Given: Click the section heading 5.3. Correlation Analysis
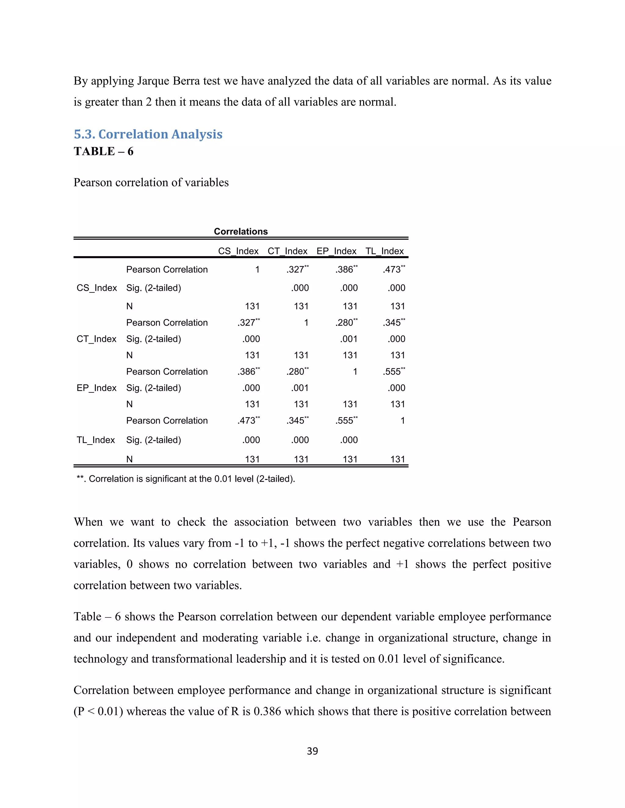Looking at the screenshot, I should click(x=148, y=134).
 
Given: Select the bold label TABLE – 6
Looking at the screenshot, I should click(x=103, y=151).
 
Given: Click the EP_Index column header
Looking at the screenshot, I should click(x=336, y=251).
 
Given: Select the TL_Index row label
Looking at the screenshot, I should click(x=96, y=440).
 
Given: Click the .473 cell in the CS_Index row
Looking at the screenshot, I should click(x=393, y=269).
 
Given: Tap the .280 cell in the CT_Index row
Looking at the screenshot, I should click(x=346, y=323).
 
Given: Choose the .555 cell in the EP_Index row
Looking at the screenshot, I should click(x=393, y=371).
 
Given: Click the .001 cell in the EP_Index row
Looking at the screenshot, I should click(x=300, y=388).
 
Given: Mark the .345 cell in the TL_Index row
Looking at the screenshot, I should click(x=297, y=421).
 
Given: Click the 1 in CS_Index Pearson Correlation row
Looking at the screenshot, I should click(x=257, y=269).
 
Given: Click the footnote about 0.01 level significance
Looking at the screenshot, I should click(x=186, y=479).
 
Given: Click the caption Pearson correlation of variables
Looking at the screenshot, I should click(x=151, y=182).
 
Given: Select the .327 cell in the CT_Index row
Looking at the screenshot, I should click(x=248, y=323).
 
